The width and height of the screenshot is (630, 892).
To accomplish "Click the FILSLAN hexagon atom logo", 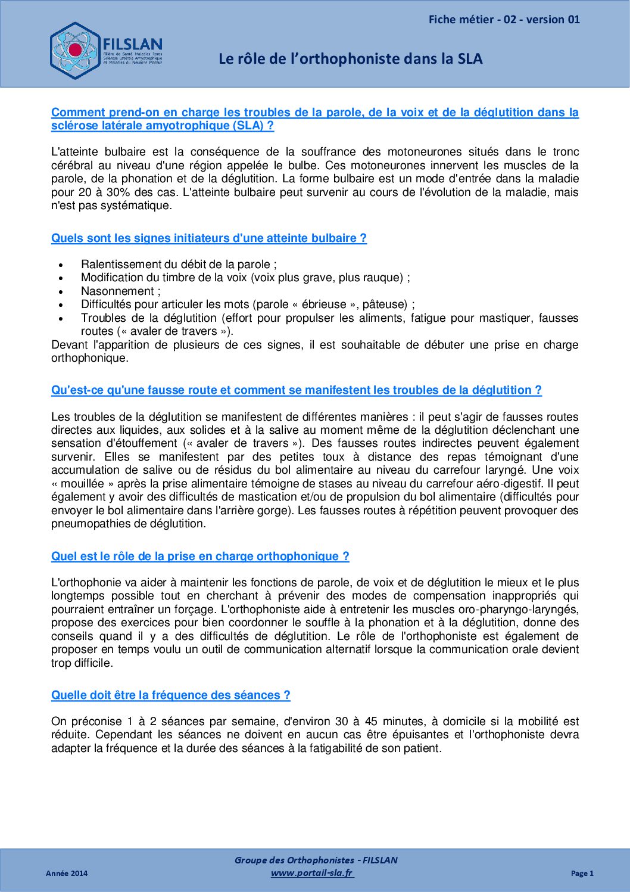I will coord(76,51).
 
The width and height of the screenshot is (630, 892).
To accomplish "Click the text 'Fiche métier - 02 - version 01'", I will coord(504,20).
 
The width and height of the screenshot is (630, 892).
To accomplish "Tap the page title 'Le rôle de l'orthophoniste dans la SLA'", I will coord(350,59).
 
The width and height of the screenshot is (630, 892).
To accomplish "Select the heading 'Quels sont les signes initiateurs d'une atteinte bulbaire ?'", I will coord(208,238).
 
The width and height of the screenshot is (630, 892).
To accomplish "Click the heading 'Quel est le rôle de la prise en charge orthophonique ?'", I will coord(200,557).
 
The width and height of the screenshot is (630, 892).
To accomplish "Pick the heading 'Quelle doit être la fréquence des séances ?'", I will coord(170,695).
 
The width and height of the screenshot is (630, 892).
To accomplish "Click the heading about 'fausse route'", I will coord(296,390).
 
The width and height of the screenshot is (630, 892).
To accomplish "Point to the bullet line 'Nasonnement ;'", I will coord(120,291).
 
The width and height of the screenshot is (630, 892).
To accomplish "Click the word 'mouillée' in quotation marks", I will coord(82,484).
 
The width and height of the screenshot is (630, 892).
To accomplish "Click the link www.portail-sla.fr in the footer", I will coord(311,873).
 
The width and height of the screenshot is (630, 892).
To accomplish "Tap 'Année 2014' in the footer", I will coord(67,874).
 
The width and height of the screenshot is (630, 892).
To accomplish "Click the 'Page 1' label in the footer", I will coord(582,874).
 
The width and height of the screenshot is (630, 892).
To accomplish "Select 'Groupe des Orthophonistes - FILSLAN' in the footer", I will coord(316,860).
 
